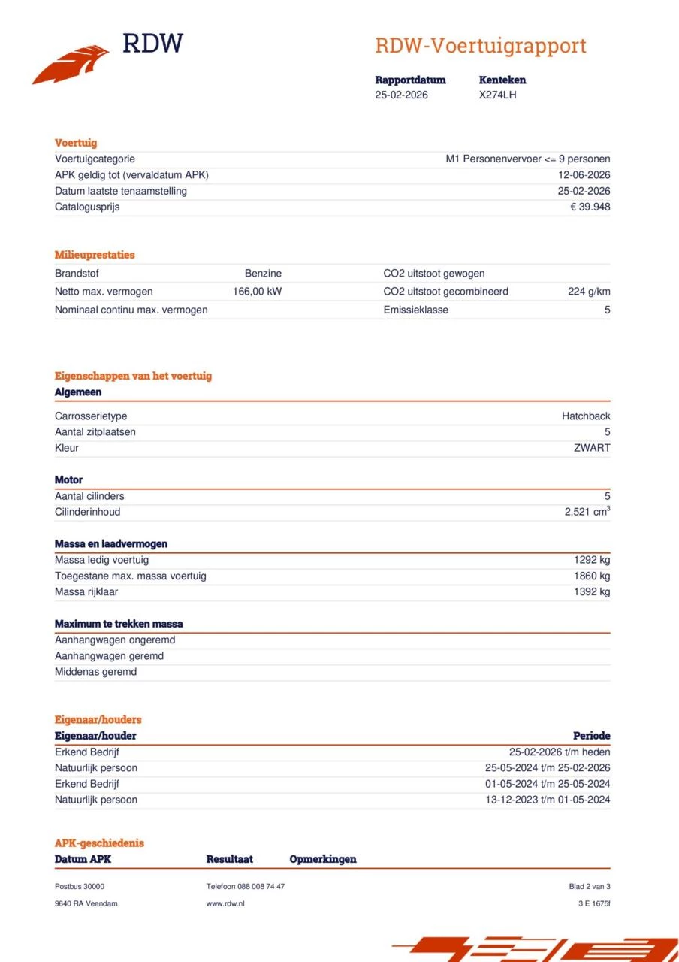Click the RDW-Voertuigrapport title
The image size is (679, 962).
(x=480, y=46)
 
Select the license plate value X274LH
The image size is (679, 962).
(x=497, y=95)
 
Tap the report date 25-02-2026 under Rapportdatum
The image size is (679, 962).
(x=401, y=95)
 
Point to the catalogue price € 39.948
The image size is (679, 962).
(x=590, y=207)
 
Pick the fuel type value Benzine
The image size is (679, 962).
(x=263, y=274)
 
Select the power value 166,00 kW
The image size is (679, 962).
(x=257, y=292)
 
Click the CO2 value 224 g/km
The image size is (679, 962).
(x=589, y=292)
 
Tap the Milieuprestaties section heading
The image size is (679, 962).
(x=95, y=255)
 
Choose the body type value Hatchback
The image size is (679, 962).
(x=586, y=416)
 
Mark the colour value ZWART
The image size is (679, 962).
(x=592, y=448)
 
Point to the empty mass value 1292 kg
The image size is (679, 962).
(x=592, y=560)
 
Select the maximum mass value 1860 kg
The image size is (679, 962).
(x=592, y=576)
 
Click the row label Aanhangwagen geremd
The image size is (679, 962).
(x=109, y=656)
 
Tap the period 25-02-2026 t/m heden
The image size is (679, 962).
(x=560, y=752)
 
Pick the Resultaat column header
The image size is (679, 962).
(x=229, y=859)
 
